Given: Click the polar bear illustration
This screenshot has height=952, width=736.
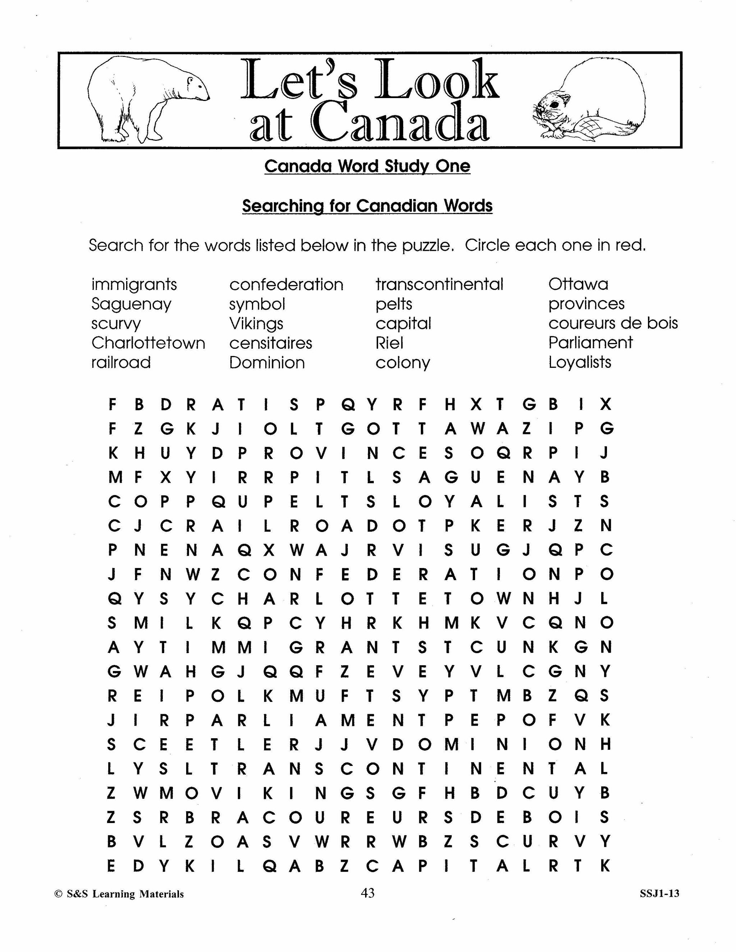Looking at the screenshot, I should (x=146, y=100).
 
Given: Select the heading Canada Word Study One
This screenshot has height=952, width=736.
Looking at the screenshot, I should (x=367, y=166).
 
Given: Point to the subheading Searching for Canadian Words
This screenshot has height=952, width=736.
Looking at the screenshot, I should (x=367, y=206).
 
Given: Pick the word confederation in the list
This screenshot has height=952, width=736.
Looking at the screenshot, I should (x=286, y=285).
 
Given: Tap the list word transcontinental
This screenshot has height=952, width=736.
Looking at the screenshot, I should (x=439, y=284).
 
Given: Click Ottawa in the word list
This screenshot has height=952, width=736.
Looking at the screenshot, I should (x=578, y=284).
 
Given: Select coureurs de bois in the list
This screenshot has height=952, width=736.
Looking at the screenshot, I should (x=613, y=323).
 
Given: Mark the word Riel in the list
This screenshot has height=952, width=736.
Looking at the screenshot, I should (x=389, y=343).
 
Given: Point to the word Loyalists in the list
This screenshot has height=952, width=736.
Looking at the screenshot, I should (x=579, y=362).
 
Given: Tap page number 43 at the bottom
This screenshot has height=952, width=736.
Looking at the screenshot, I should (x=368, y=893).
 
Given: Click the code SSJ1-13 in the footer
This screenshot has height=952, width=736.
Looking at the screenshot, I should (x=659, y=893).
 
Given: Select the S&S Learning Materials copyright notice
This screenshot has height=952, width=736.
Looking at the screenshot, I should (x=119, y=894).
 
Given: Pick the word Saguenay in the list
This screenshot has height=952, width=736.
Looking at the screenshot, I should (x=131, y=304).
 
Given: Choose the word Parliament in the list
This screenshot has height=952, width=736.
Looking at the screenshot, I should (x=590, y=343).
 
